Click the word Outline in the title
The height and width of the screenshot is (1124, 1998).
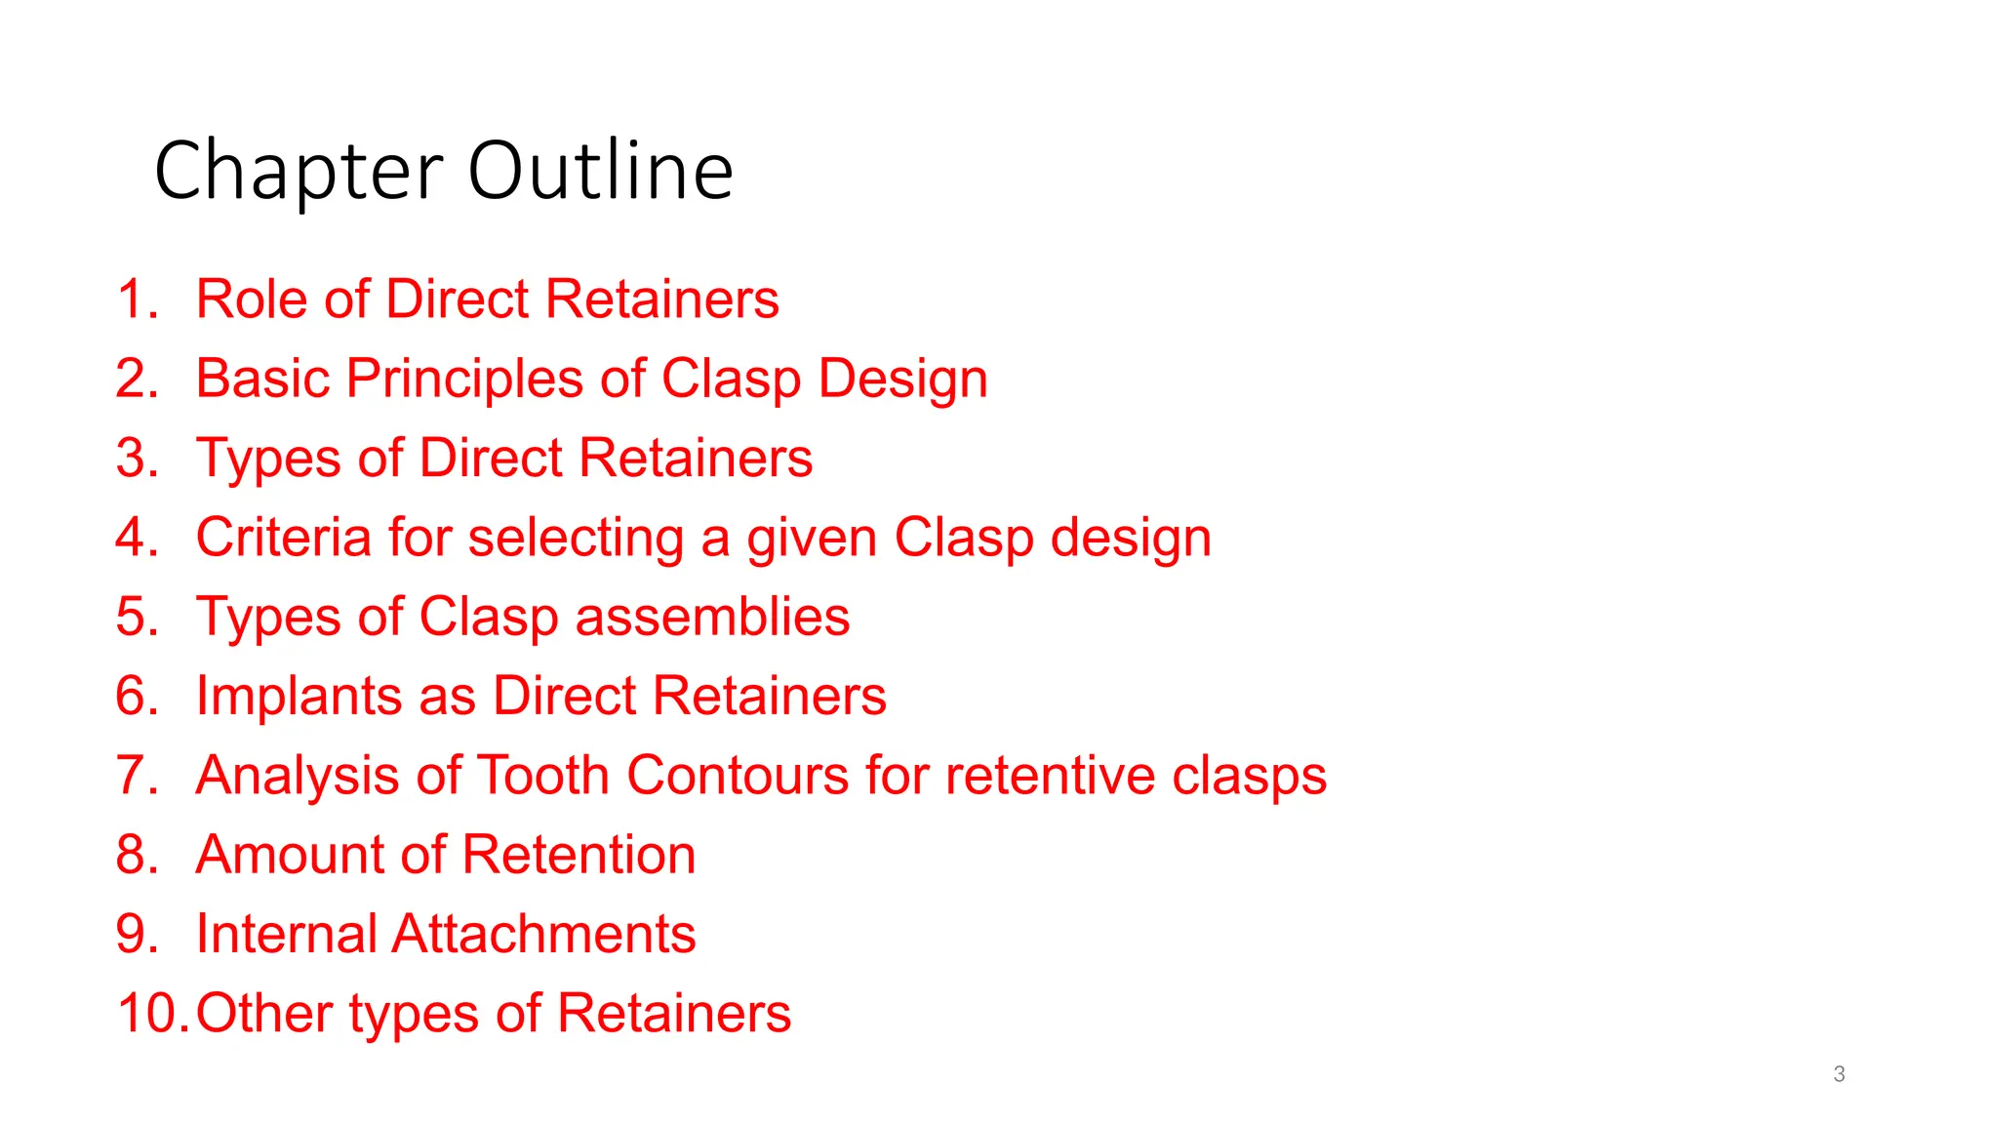[x=600, y=171]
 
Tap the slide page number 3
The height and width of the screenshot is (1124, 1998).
[x=1839, y=1074]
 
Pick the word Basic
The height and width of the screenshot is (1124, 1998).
[x=263, y=380]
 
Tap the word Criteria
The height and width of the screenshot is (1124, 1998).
[x=283, y=538]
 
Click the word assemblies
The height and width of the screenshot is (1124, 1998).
[x=712, y=618]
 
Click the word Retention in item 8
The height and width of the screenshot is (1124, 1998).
[x=579, y=855]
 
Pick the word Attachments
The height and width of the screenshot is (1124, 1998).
[x=543, y=935]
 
